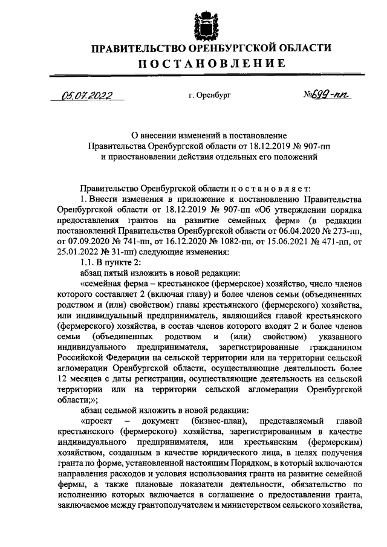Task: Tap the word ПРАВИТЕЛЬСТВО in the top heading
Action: (134, 48)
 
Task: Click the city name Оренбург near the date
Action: (212, 95)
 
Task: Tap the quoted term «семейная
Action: (100, 283)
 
